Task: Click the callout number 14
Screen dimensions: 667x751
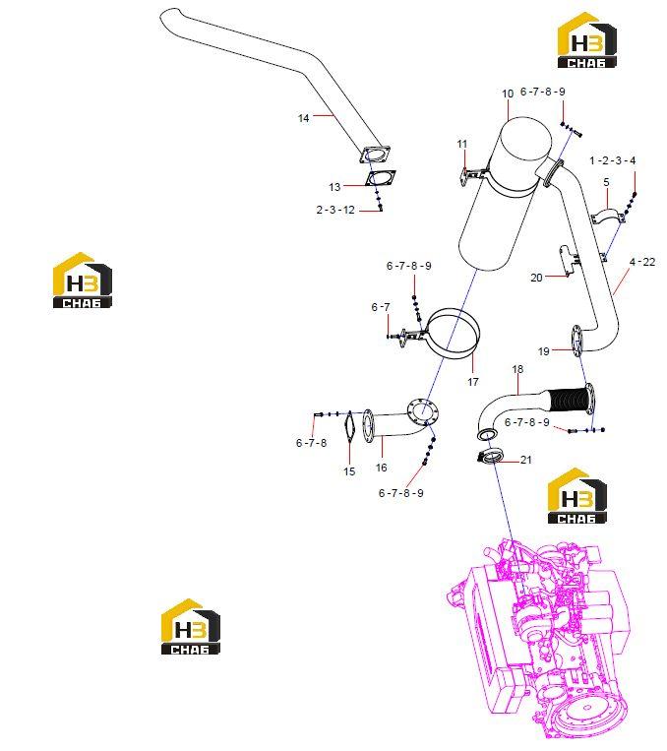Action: tap(304, 118)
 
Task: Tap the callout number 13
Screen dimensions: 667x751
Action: tap(334, 187)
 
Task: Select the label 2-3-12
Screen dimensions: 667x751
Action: tap(335, 210)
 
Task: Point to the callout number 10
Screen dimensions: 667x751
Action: tap(508, 94)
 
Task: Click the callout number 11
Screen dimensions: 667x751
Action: tap(462, 144)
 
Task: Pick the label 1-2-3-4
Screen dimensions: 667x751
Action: tap(613, 161)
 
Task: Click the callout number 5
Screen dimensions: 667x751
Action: tap(607, 182)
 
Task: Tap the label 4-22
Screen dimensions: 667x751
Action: tap(642, 262)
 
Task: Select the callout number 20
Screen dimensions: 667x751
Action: tap(536, 278)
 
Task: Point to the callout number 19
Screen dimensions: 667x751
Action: tap(543, 351)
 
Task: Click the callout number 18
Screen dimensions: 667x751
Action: tap(517, 369)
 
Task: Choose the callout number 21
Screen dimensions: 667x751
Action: tap(525, 460)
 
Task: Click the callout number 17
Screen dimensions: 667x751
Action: tap(473, 382)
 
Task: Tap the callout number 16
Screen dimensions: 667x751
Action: tap(381, 468)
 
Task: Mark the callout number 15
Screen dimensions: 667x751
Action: tap(349, 471)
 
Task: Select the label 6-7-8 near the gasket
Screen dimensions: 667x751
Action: tap(311, 443)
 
